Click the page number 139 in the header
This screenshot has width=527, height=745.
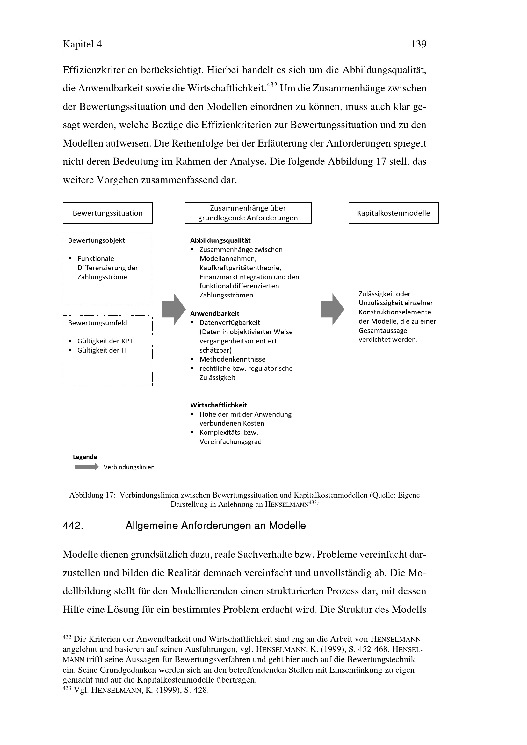click(x=418, y=44)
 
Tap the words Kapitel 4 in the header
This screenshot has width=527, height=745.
click(x=82, y=44)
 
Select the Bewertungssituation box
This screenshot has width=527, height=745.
click(x=107, y=213)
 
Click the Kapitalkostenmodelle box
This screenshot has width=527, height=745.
click(x=393, y=213)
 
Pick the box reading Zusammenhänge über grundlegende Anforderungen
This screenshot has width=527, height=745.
click(x=248, y=213)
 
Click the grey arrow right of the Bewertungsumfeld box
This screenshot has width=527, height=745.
click(x=174, y=309)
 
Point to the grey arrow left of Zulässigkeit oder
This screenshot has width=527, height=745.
click(x=332, y=309)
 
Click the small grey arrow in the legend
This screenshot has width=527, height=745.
click(x=86, y=467)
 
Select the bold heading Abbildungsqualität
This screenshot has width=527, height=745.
click(x=220, y=240)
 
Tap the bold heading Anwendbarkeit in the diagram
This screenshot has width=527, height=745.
click(x=214, y=313)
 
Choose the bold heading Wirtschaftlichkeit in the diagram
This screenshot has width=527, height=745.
click(x=218, y=405)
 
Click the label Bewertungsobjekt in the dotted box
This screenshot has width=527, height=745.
click(x=96, y=240)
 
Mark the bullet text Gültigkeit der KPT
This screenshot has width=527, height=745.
click(x=105, y=341)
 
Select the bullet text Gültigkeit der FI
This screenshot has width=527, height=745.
click(x=102, y=350)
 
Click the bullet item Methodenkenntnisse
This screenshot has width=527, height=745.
click(x=232, y=359)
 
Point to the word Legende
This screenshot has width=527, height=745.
click(x=85, y=457)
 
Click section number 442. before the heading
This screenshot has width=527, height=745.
click(x=73, y=526)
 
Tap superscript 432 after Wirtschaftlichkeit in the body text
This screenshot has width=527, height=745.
click(x=271, y=85)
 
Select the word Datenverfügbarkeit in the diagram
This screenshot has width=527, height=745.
click(x=230, y=323)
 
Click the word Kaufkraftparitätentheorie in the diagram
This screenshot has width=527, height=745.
click(x=240, y=268)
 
